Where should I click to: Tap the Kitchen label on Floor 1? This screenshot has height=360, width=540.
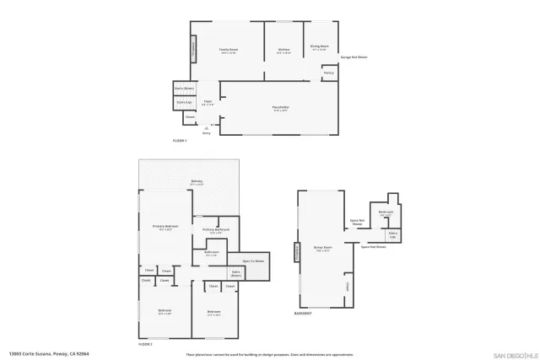(x=284, y=50)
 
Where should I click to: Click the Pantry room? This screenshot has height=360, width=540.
(x=328, y=73)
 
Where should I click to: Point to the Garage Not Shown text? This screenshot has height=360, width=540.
(x=354, y=57)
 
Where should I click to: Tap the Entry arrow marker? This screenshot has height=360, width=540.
(x=207, y=127)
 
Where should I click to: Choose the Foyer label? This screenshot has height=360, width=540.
(x=208, y=102)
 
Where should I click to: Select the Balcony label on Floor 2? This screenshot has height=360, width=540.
(x=196, y=181)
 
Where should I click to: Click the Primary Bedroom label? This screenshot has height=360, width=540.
(x=165, y=227)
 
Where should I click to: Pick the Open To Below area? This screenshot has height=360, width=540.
(x=253, y=261)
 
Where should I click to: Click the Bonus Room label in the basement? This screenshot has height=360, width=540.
(x=322, y=249)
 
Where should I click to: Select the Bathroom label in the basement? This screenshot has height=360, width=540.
(x=386, y=213)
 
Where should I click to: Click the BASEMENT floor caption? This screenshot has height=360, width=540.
(x=303, y=314)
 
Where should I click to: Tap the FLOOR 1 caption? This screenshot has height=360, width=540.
(x=179, y=140)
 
